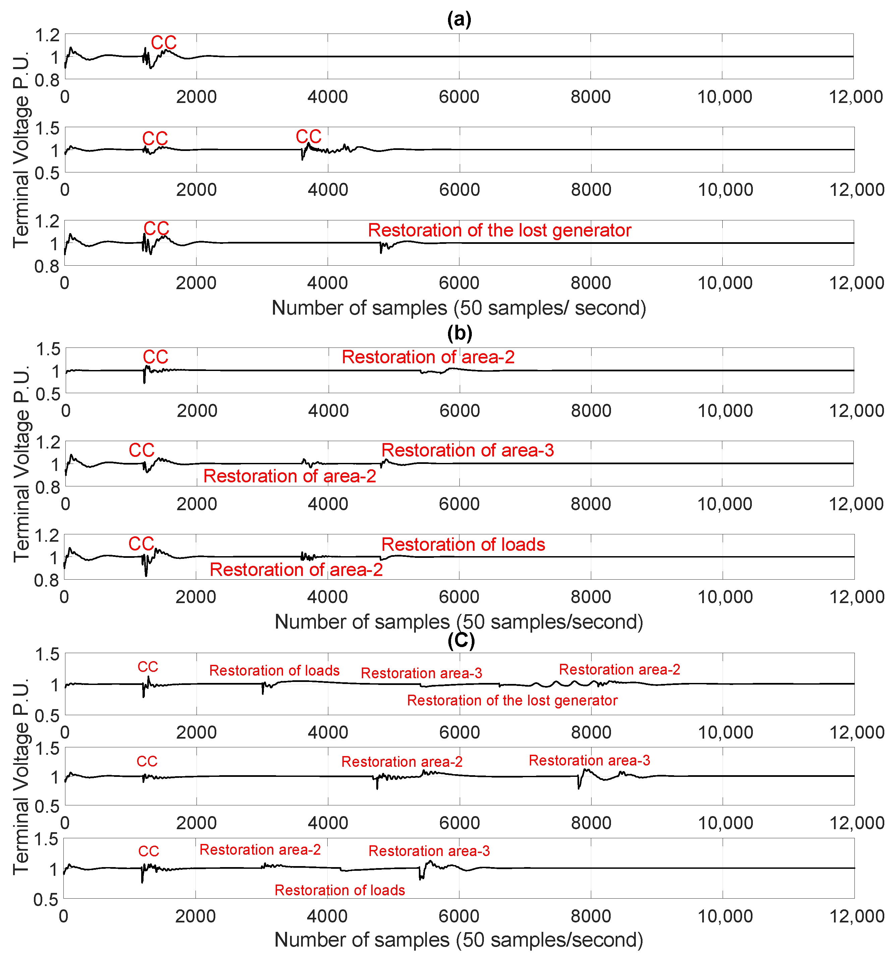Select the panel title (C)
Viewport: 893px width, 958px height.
(461, 640)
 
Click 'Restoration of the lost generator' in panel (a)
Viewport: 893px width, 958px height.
(499, 230)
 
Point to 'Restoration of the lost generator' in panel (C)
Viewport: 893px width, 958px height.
(512, 700)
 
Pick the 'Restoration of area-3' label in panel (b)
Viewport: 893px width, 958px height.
(467, 450)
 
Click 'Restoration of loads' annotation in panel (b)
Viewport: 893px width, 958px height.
(463, 544)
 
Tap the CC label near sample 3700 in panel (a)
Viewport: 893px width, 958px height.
(308, 137)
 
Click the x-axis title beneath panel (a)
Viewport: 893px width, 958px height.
(458, 308)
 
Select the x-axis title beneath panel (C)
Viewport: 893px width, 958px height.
(458, 939)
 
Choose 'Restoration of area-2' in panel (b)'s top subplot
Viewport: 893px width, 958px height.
(428, 357)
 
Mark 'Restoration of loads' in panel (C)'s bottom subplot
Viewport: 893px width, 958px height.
(340, 890)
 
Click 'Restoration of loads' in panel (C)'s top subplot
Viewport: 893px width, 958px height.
(274, 670)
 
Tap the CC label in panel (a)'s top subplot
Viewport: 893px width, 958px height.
(164, 42)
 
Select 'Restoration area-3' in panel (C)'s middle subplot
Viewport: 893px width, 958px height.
(589, 760)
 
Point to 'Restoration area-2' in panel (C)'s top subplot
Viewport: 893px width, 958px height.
(619, 669)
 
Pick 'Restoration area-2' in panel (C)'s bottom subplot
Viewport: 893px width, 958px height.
(260, 850)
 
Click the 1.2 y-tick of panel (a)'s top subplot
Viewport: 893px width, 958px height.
(47, 35)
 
